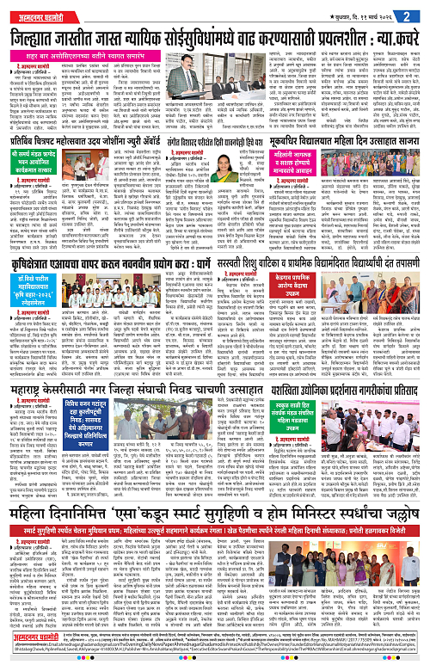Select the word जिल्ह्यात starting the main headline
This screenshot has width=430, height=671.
click(x=40, y=37)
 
